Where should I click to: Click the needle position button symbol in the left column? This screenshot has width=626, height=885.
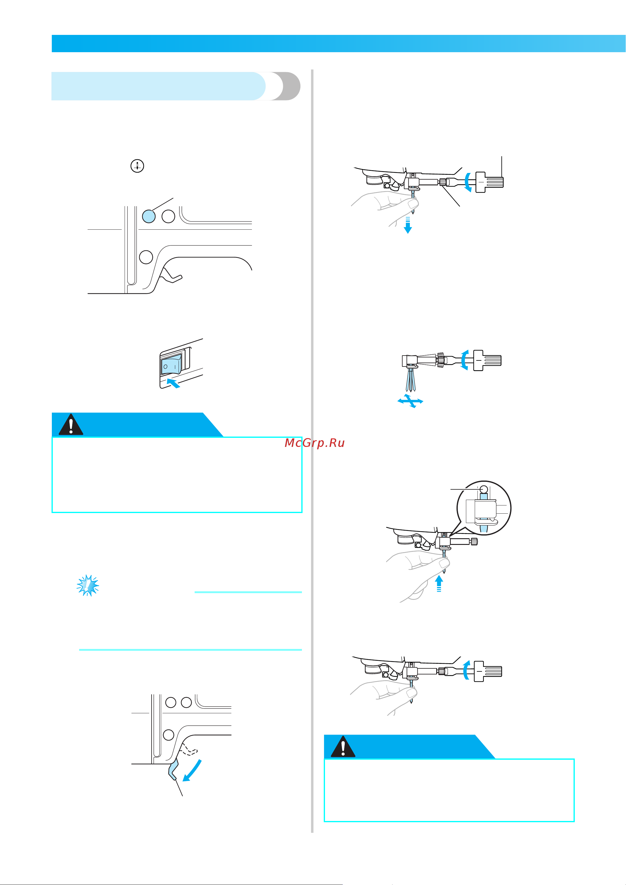pos(137,166)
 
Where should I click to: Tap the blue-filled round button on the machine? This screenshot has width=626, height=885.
pos(149,216)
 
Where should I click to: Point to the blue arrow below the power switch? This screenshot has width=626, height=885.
pos(173,383)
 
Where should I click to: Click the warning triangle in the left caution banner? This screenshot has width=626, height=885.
pos(71,425)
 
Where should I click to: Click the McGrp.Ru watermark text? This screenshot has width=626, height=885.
pos(314,443)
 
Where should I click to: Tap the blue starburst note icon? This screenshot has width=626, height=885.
pos(88,586)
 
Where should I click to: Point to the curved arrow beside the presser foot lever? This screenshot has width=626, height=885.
pos(192,770)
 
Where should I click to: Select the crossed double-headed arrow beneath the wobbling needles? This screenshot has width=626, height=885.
pos(410,401)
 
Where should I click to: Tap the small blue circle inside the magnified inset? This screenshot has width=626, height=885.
pos(484,490)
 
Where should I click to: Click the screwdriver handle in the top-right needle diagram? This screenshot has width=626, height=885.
pos(490,182)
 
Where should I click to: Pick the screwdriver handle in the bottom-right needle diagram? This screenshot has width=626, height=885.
pos(488,671)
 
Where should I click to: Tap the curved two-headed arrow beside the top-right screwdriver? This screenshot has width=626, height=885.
pos(467,182)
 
